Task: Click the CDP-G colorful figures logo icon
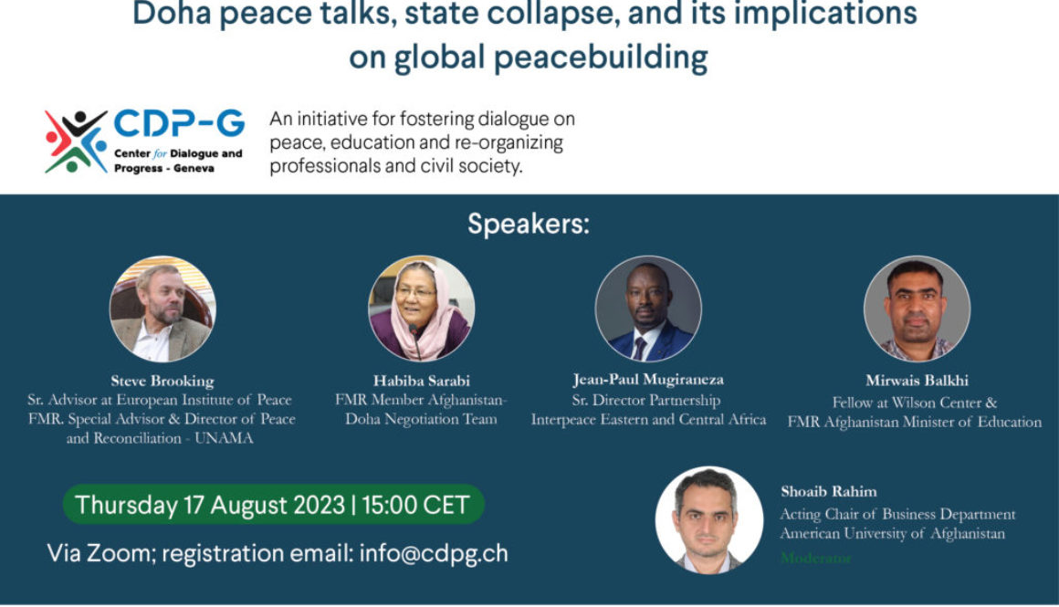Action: [x=76, y=141]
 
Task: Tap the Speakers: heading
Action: [x=529, y=224]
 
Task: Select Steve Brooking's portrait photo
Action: [x=163, y=309]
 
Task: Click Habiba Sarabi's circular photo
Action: [x=421, y=309]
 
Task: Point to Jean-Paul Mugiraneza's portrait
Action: [x=648, y=309]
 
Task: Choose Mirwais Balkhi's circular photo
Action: [x=917, y=309]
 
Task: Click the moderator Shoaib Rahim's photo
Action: [x=708, y=519]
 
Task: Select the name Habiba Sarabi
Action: [x=421, y=381]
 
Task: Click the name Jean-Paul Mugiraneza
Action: [x=648, y=380]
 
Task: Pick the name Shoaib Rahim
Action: [x=828, y=492]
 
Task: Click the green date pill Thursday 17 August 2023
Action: [x=272, y=505]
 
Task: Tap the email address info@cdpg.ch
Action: [x=434, y=552]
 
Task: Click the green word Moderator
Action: [x=814, y=557]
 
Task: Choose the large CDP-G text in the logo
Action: [x=179, y=123]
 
